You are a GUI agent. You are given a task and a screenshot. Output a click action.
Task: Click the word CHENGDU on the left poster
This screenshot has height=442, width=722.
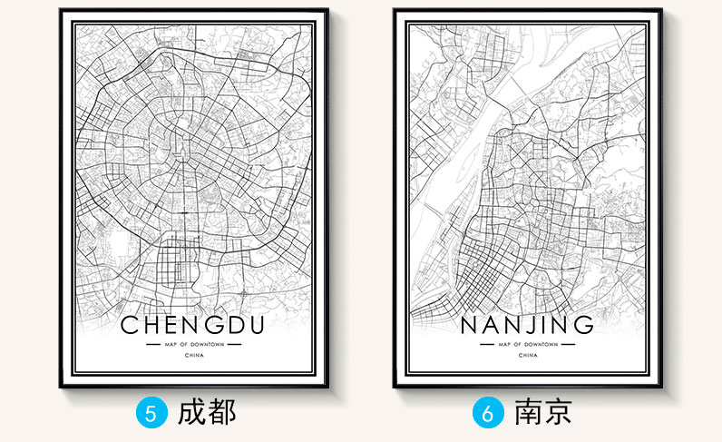(192, 324)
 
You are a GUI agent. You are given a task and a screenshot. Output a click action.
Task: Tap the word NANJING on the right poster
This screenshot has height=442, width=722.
(528, 324)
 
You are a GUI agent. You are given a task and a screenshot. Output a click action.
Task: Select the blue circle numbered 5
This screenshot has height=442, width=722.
(151, 413)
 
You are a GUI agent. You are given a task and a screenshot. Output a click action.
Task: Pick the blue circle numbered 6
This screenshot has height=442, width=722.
(487, 413)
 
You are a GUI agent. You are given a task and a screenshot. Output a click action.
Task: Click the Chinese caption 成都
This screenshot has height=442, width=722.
(208, 412)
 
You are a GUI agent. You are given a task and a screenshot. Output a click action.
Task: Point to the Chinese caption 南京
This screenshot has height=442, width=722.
(542, 412)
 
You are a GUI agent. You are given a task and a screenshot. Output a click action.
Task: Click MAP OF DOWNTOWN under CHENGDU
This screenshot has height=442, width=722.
(192, 346)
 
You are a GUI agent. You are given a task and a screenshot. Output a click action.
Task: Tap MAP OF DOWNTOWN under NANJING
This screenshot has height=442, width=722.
(528, 346)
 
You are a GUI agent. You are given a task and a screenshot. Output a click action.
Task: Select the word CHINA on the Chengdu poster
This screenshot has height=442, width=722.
(192, 357)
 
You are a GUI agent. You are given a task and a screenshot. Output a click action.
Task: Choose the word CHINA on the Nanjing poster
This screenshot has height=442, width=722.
(528, 357)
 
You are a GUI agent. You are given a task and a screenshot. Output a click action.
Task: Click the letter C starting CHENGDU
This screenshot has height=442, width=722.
(129, 324)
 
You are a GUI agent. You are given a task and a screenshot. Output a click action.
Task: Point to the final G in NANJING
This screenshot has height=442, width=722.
(585, 324)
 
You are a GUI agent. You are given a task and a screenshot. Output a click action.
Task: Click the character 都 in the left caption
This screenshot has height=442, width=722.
(221, 412)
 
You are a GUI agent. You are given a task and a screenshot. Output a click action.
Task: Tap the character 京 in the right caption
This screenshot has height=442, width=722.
(556, 412)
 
